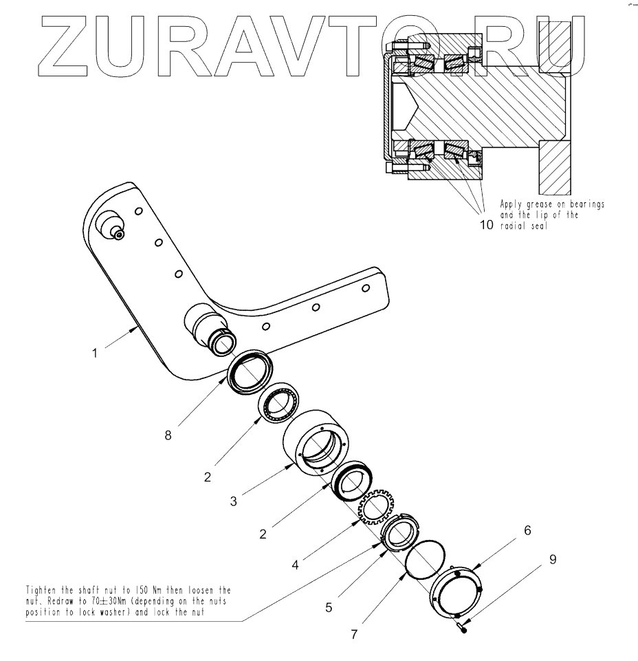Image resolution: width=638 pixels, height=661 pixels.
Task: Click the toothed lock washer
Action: tap(375, 510)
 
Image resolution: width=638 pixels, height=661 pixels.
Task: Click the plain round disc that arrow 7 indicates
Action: tap(425, 556)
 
